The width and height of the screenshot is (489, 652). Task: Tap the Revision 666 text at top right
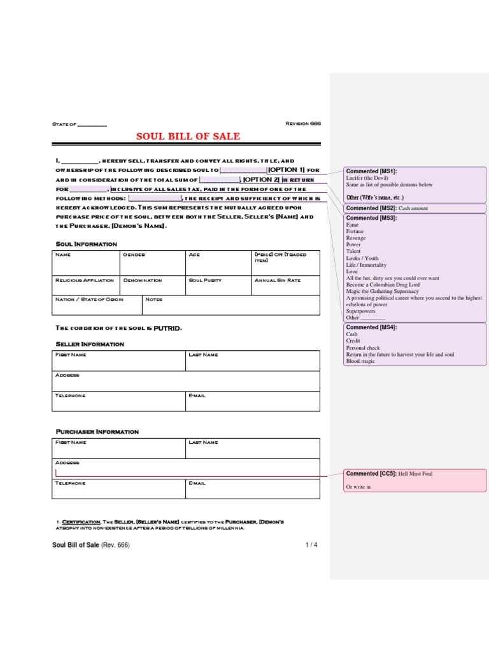(303, 124)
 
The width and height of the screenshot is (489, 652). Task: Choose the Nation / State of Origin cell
(97, 305)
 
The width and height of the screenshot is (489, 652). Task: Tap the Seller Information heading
(90, 344)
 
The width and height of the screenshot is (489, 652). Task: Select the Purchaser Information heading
(97, 432)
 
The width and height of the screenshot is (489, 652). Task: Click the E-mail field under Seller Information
(253, 401)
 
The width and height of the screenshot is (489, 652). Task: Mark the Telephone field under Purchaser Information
(120, 488)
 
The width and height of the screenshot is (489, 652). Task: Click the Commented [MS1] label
(371, 171)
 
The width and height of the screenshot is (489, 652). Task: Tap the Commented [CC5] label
(371, 474)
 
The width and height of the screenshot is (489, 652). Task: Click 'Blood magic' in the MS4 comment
(360, 361)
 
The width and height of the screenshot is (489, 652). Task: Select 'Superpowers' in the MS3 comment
(362, 311)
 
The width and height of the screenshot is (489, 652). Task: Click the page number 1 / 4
(311, 545)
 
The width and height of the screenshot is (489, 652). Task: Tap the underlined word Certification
(81, 521)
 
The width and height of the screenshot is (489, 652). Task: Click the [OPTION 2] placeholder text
(262, 180)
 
